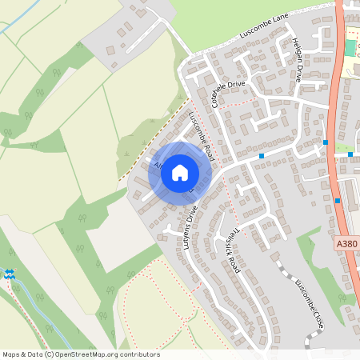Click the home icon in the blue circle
coord(180,172)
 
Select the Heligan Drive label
coord(296,60)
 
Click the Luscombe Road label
coord(202,134)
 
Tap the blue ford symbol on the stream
coord(9,274)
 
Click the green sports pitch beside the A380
coord(350,47)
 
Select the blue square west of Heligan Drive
coord(262,155)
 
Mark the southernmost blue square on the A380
coord(338,201)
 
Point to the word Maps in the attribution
coord(11,354)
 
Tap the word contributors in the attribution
coord(138,354)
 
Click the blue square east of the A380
coord(350,154)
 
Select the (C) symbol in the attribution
coord(49,354)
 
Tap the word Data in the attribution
coord(34,354)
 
